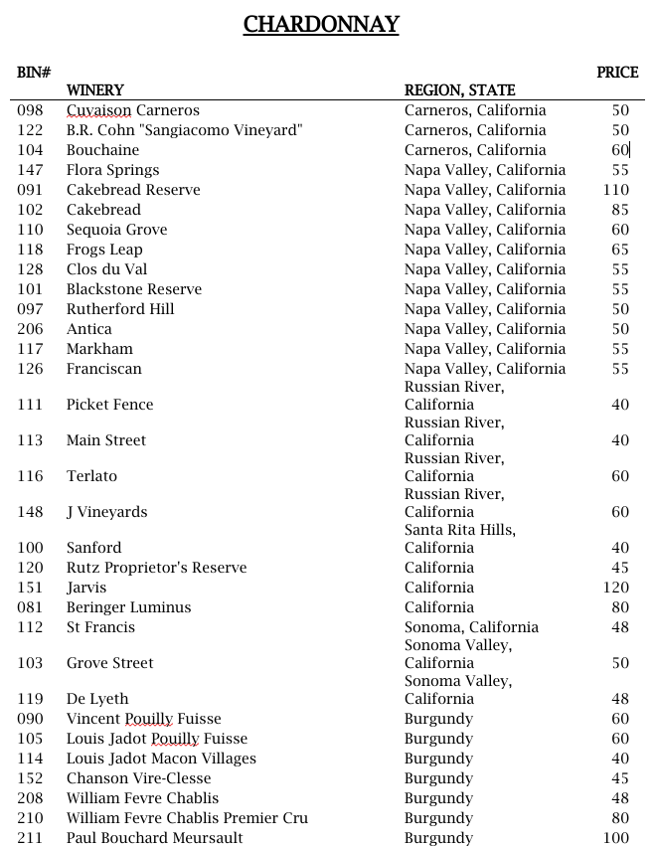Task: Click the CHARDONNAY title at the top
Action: pos(321,24)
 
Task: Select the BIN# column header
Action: pos(34,73)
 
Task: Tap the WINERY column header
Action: pos(94,90)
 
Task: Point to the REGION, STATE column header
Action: pos(459,90)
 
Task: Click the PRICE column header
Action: pos(617,73)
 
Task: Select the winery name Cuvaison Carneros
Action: pos(132,110)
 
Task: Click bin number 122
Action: pos(30,130)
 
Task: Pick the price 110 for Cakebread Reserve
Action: pos(616,190)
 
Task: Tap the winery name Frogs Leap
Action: pos(104,250)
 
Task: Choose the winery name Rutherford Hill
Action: pos(120,309)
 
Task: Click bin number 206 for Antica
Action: pos(30,329)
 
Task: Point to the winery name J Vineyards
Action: pos(106,512)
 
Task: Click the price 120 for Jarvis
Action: pos(616,588)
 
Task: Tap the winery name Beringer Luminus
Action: pos(128,607)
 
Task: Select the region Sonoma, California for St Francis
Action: pos(471,627)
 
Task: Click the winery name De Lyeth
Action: pos(97,699)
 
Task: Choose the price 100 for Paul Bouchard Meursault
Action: pos(616,838)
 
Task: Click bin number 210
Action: pos(30,818)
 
